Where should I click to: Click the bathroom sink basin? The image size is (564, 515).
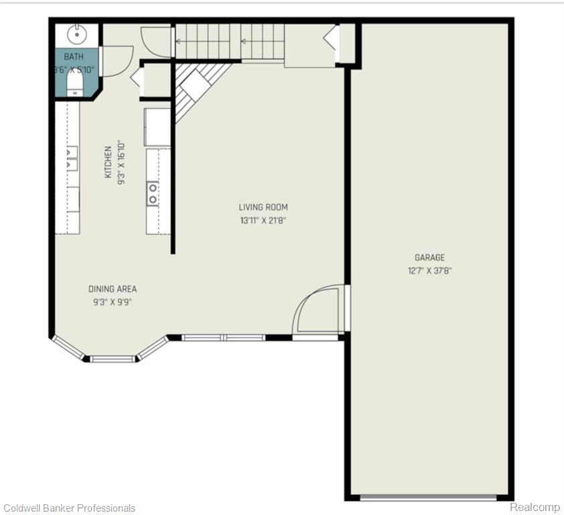pos(76,34)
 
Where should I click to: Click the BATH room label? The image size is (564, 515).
pos(74,56)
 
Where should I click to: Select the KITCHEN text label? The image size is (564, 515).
pos(108,162)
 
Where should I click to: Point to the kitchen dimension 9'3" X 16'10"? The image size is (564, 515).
pos(121,163)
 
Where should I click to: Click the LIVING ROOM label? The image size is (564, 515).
pos(263,207)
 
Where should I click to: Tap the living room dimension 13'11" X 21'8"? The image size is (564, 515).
pos(263,221)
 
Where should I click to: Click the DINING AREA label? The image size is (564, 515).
pos(113,289)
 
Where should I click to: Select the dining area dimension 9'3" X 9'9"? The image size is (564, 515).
pos(113,302)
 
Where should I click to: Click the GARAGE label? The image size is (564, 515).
pos(429,257)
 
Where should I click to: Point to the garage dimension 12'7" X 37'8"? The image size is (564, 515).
pos(429,270)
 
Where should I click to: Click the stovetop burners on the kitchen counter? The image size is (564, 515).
pos(153,193)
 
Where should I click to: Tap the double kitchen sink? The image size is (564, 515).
pos(72,158)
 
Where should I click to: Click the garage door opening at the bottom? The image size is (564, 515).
pos(428,498)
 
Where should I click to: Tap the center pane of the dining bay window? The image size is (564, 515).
pos(113,359)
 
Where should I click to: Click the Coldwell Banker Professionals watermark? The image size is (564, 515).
pos(68,508)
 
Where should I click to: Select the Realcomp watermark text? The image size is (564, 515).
pos(535,507)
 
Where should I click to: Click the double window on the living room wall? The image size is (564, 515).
pos(223,337)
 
